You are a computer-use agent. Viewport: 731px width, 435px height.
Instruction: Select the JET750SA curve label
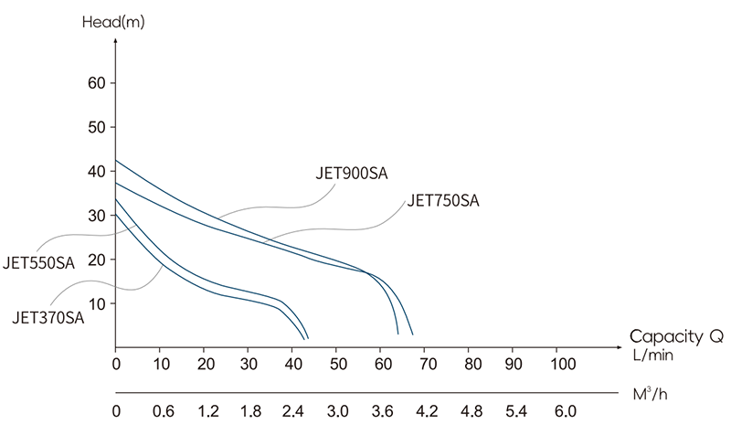pyautogui.click(x=443, y=201)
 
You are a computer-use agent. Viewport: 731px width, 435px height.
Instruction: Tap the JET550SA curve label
pyautogui.click(x=40, y=264)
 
